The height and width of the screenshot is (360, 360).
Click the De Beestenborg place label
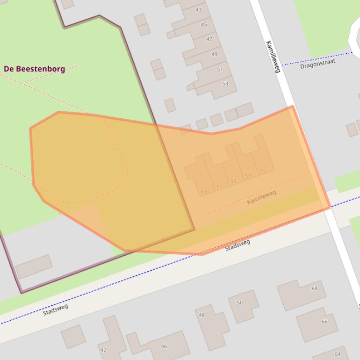[x=34, y=69]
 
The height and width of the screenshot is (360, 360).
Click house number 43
[x=199, y=10]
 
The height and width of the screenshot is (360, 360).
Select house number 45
[x=204, y=24]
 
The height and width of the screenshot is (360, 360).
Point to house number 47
[x=209, y=39]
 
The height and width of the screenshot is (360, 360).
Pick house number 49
[x=214, y=54]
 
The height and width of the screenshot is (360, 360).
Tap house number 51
[x=220, y=70]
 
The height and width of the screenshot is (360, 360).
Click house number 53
[x=225, y=84]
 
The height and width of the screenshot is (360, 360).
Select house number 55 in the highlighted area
[x=263, y=171]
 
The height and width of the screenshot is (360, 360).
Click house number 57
[x=248, y=176]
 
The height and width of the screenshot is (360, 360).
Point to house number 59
[x=233, y=181]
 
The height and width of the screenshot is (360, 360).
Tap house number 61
[x=219, y=187]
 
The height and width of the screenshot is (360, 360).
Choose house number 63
[x=204, y=192]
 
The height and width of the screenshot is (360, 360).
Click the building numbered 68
[x=315, y=288]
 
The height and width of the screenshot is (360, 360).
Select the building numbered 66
[x=324, y=322]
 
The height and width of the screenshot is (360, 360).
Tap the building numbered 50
[x=240, y=302]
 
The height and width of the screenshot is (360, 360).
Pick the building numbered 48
[x=202, y=315]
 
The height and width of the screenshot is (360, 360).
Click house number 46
[x=164, y=346]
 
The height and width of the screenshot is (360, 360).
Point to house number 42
[x=103, y=350]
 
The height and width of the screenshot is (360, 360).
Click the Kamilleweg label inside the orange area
[x=261, y=197]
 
